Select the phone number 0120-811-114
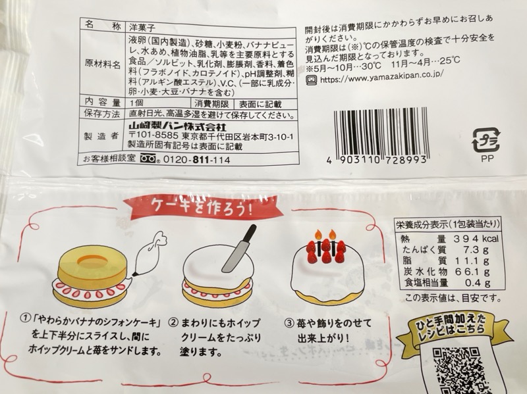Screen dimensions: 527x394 [x=196, y=160]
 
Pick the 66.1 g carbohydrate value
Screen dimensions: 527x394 [x=472, y=272]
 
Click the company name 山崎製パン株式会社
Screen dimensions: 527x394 [x=178, y=127]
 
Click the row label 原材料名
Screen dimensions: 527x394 [x=102, y=64]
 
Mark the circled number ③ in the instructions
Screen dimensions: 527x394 [x=289, y=323]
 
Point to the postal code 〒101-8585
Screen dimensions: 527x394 [x=153, y=137]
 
